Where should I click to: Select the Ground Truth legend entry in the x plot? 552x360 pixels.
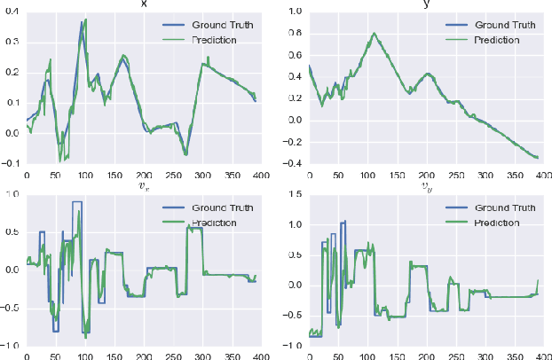click(209, 25)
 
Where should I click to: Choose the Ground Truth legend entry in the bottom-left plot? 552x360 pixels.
click(209, 207)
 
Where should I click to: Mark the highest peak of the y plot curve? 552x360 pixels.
click(374, 34)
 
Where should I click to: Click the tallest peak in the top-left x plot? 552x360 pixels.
click(85, 19)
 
